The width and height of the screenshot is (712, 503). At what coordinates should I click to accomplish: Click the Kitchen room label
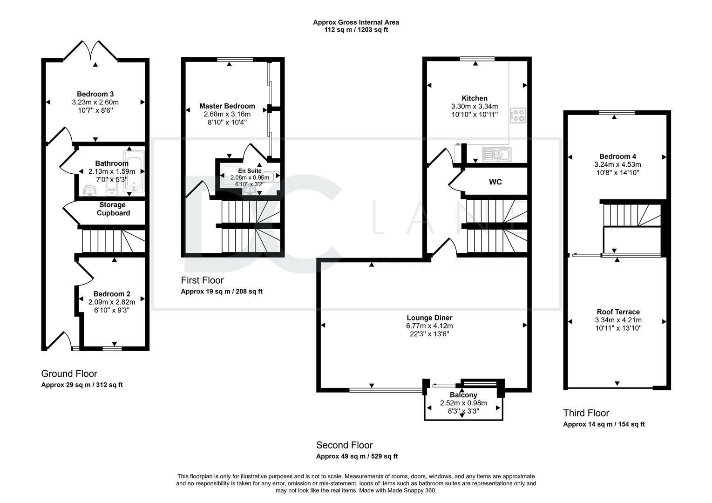point(474,98)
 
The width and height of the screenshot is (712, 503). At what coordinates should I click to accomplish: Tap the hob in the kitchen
point(518,116)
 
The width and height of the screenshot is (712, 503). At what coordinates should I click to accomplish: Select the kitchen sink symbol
point(497,155)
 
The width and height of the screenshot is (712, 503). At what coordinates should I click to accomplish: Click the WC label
point(495,182)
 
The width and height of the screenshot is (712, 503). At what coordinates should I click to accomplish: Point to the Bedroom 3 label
point(95,94)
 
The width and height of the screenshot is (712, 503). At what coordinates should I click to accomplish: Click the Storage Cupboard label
point(113,209)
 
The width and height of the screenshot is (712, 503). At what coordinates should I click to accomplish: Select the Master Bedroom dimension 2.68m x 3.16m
point(227,114)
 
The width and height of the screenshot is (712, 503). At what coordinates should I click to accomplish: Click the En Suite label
point(250,171)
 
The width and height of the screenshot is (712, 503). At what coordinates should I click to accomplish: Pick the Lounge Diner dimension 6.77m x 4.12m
point(429,326)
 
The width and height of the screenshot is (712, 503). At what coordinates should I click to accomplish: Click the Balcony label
point(463,395)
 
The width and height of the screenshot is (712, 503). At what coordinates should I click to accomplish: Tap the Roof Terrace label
point(618,312)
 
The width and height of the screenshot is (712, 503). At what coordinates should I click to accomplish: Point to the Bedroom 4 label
point(617,156)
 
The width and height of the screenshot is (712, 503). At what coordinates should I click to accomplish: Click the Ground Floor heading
point(69,374)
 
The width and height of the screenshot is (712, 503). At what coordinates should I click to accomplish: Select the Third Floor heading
point(586,413)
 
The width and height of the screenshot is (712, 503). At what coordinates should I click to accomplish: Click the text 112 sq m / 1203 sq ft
point(356,30)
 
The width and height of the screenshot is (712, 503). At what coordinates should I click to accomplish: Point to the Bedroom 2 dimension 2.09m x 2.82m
point(112,302)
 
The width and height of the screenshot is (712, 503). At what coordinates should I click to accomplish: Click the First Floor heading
point(202,280)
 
